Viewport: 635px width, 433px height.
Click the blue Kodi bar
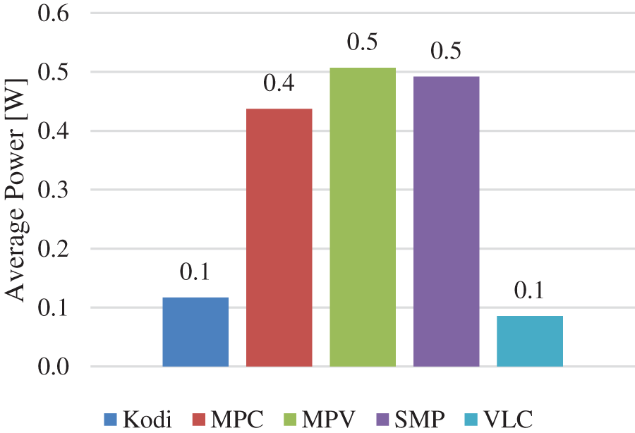[195, 331]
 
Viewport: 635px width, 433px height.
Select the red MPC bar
[279, 237]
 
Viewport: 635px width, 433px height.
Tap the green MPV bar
[363, 216]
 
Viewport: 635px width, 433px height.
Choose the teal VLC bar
[529, 341]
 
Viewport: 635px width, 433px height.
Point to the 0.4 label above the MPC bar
[279, 84]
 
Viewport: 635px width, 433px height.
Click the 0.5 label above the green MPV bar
[363, 42]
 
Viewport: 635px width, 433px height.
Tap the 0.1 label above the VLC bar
[529, 291]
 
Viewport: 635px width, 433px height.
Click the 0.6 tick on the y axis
[48, 13]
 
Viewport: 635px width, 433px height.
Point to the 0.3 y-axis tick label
[48, 190]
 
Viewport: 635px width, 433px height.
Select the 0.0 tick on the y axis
[48, 367]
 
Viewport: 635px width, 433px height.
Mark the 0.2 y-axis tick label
[48, 249]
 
